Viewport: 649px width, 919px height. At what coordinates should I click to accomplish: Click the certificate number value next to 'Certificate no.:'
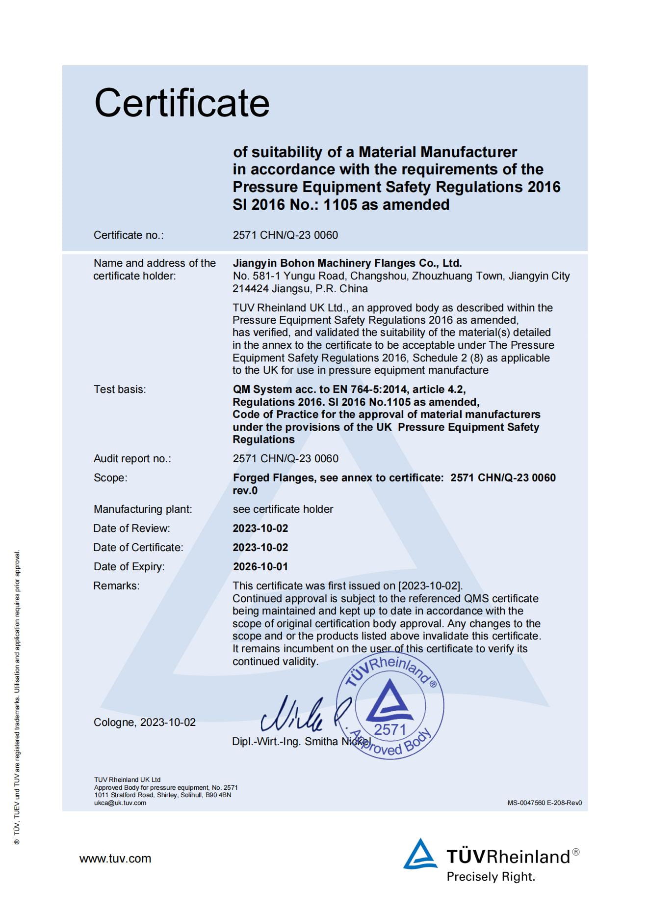point(285,235)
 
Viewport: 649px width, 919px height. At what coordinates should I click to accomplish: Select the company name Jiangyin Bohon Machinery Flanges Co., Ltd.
point(347,263)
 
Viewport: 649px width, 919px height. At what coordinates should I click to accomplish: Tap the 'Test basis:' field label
point(120,390)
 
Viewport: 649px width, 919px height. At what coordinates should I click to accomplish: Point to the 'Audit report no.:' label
point(132,459)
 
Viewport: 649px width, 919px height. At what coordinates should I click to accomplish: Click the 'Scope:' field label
point(110,478)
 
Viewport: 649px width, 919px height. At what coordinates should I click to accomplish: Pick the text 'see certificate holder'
point(283,509)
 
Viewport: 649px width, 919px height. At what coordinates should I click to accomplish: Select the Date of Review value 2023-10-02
point(260,529)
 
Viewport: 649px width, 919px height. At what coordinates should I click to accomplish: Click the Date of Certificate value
point(260,548)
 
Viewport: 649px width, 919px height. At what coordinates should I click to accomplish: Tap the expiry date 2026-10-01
point(260,567)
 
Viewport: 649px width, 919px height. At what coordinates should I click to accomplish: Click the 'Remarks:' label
point(116,586)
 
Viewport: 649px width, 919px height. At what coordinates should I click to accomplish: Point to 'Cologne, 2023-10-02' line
point(144,723)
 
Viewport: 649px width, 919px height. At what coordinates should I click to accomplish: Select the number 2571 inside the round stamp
point(390,729)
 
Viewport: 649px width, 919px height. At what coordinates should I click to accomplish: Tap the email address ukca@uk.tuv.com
point(120,803)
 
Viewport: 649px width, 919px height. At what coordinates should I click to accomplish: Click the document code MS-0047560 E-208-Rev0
point(545,803)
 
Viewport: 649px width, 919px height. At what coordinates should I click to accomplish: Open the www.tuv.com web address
point(115,859)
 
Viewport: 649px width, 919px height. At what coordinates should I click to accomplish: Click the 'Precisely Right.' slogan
point(491,877)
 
